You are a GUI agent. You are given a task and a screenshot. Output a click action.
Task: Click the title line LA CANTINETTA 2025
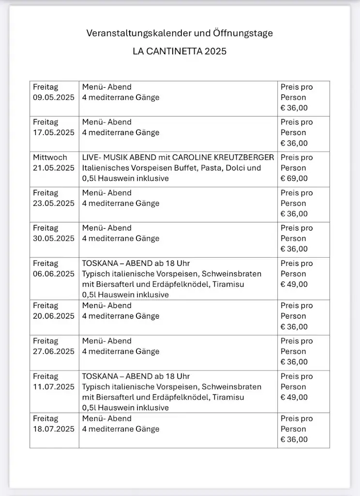pyautogui.click(x=180, y=51)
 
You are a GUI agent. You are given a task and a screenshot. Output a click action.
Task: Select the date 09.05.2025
pyautogui.click(x=54, y=97)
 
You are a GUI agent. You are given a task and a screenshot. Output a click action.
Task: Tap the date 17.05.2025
pyautogui.click(x=54, y=133)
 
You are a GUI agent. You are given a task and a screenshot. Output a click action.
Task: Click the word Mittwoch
pyautogui.click(x=50, y=157)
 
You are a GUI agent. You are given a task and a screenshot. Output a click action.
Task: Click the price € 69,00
pyautogui.click(x=294, y=178)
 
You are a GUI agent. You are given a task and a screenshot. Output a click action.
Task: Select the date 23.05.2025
pyautogui.click(x=54, y=203)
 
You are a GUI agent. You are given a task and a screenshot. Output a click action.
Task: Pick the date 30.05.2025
pyautogui.click(x=54, y=238)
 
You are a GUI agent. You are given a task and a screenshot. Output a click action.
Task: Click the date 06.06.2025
pyautogui.click(x=54, y=274)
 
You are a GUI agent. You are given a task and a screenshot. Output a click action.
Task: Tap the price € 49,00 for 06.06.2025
pyautogui.click(x=294, y=284)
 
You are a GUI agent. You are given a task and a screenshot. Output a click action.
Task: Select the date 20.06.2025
pyautogui.click(x=54, y=316)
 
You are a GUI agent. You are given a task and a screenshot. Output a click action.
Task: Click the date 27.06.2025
pyautogui.click(x=54, y=351)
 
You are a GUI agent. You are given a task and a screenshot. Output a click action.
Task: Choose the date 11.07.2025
pyautogui.click(x=54, y=387)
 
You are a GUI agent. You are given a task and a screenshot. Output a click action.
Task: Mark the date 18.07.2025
pyautogui.click(x=54, y=429)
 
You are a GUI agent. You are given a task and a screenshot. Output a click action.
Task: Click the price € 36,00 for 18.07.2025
pyautogui.click(x=294, y=439)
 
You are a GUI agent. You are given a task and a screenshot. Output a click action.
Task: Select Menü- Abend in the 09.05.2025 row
pyautogui.click(x=106, y=87)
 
